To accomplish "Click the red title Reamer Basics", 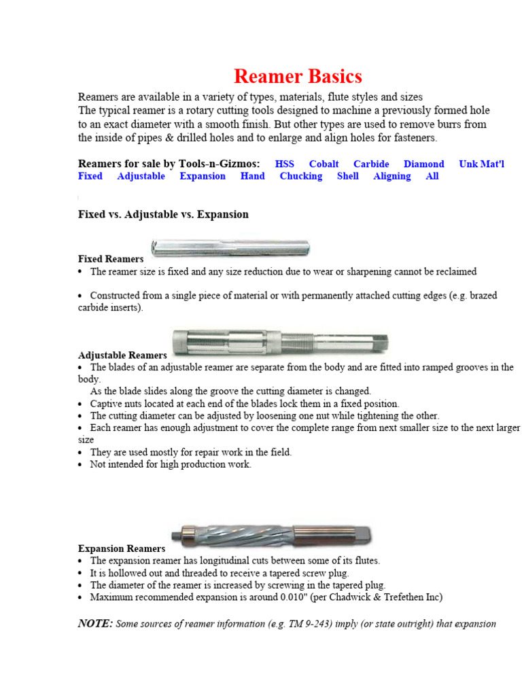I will click(x=298, y=76).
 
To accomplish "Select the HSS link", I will click(x=285, y=164).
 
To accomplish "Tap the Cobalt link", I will click(x=324, y=164).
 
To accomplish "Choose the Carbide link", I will click(x=371, y=164).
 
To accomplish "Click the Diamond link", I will click(x=423, y=164).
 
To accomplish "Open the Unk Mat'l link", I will click(x=481, y=164).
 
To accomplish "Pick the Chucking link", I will click(x=300, y=176).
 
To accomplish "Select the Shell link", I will click(x=347, y=176).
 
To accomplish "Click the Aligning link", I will click(x=391, y=176).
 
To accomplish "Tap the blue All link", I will click(x=432, y=176).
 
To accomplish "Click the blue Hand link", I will click(x=252, y=176).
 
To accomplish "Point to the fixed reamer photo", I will click(x=230, y=247).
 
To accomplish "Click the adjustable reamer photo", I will click(x=280, y=340).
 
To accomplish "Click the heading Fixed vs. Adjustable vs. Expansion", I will click(x=163, y=214).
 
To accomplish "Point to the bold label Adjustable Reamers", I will click(x=122, y=355).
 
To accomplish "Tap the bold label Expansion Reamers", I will click(x=122, y=549).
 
